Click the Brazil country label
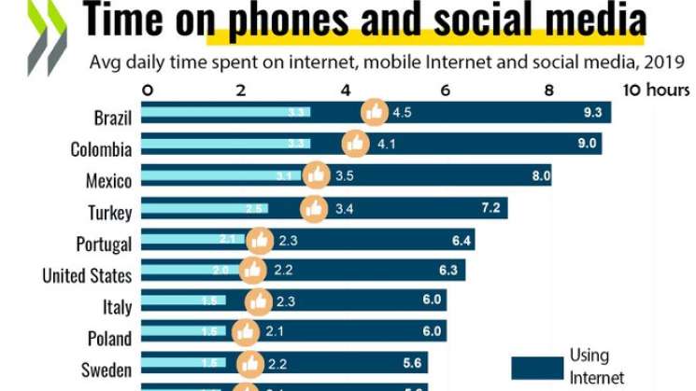(x=112, y=119)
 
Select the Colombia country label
(x=101, y=149)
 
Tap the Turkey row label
(x=109, y=213)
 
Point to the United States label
(x=87, y=275)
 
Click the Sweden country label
(x=106, y=370)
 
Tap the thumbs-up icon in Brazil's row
(x=375, y=113)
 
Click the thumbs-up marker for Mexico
(x=317, y=175)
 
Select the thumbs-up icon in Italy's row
(x=259, y=301)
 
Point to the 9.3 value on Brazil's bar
(x=591, y=113)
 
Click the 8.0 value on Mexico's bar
(x=542, y=175)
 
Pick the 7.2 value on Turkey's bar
(x=491, y=207)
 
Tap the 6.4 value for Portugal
(x=460, y=240)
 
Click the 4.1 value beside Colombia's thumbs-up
(x=387, y=145)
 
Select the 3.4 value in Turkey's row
(x=344, y=207)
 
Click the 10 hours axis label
(x=656, y=91)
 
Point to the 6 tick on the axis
(x=446, y=91)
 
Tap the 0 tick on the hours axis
(x=147, y=91)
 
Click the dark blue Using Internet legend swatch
(x=536, y=367)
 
